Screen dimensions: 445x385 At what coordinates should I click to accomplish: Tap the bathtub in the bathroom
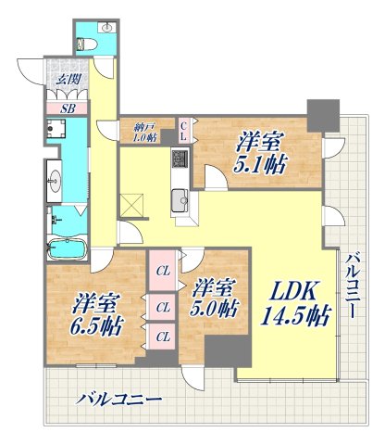coord(65,248)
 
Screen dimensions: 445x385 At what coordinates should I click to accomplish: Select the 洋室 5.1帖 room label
coord(259,152)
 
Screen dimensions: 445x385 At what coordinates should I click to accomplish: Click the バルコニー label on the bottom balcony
coord(118,400)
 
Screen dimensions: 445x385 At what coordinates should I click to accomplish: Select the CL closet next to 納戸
coord(184,132)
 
